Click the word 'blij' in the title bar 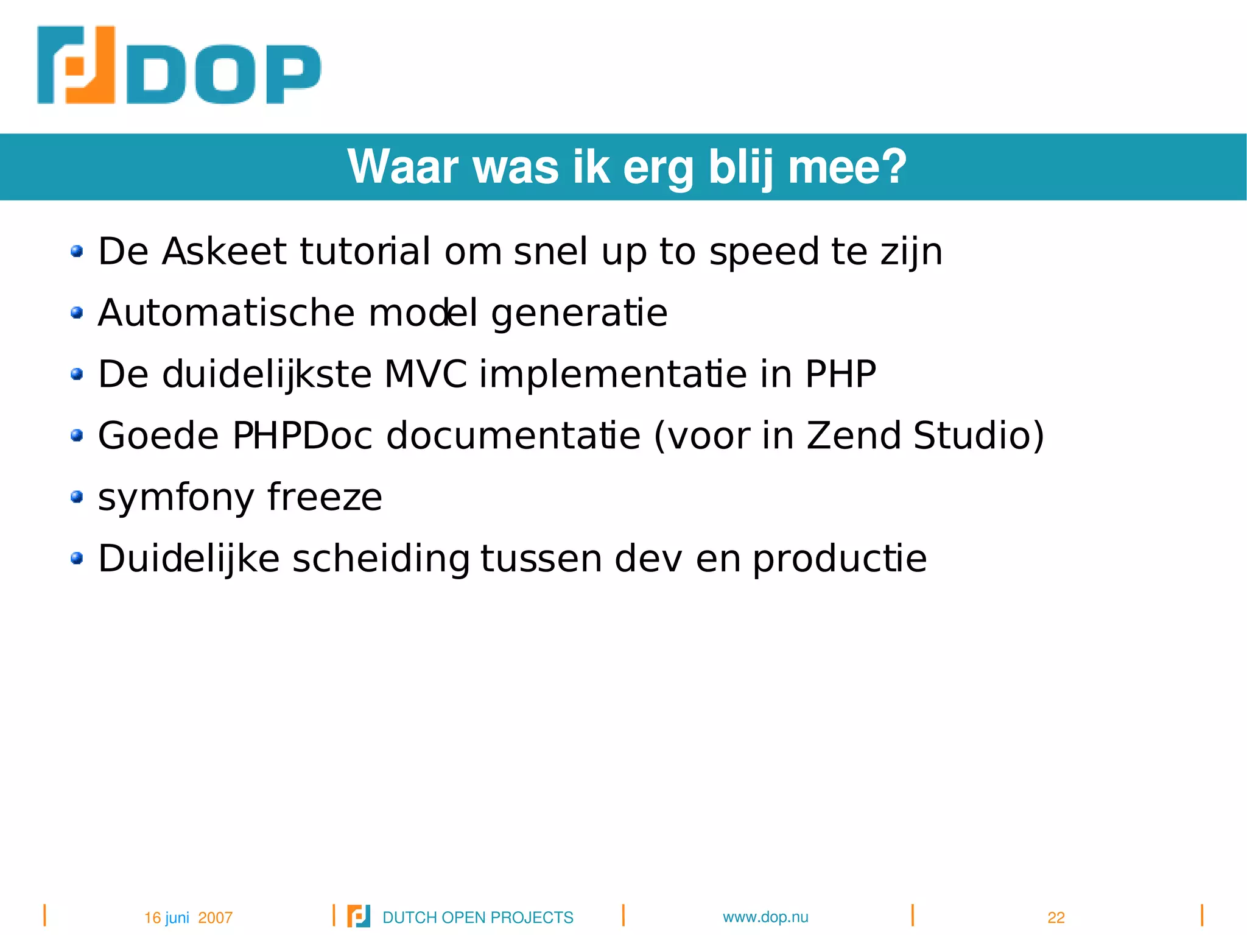coord(741,168)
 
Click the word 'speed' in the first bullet coord(764,252)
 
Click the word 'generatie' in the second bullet coord(579,314)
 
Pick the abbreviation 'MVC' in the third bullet coord(426,374)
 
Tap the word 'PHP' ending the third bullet coord(840,374)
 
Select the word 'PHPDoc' coord(302,436)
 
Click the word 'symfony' coord(175,498)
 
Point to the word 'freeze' coord(325,497)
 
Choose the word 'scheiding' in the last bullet coord(381,559)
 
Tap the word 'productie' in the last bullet coord(840,559)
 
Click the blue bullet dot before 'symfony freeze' coord(77,497)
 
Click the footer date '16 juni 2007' coord(188,917)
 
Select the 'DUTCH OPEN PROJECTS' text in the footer coord(478,917)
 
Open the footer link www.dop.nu coord(765,917)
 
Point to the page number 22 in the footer coord(1056,917)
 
